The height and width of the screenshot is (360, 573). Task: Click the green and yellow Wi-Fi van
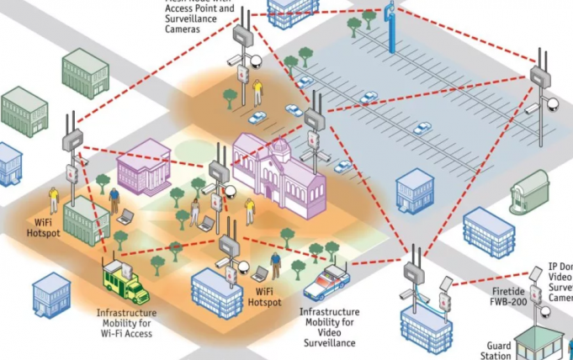124,282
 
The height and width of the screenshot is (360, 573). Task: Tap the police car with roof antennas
326,283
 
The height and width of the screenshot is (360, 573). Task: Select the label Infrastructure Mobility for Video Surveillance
328,326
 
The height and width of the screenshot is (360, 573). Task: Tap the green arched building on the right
529,192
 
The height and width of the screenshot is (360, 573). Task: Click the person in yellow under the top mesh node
257,89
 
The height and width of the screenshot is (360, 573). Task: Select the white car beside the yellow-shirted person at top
257,118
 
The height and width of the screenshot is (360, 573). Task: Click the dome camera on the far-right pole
552,105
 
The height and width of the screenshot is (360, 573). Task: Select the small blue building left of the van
51,294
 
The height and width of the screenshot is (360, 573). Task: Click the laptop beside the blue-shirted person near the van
125,216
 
